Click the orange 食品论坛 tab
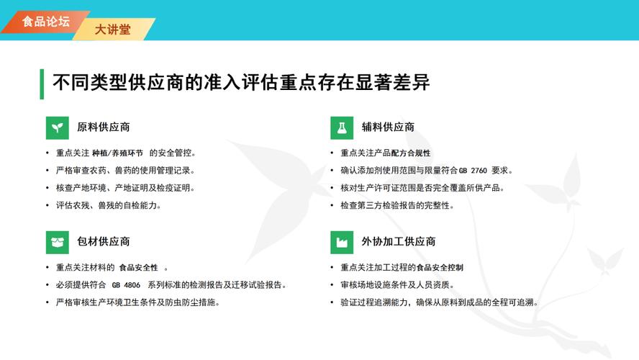click(x=45, y=22)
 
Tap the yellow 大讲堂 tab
click(x=113, y=30)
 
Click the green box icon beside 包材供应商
click(x=58, y=241)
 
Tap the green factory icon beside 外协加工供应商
click(x=342, y=241)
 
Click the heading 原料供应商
click(x=103, y=127)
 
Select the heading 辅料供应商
click(x=388, y=127)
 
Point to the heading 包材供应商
click(x=103, y=241)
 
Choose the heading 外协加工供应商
click(x=398, y=241)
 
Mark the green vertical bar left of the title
click(x=42, y=84)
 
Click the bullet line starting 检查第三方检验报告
click(x=397, y=205)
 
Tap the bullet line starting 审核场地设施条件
click(x=396, y=285)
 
